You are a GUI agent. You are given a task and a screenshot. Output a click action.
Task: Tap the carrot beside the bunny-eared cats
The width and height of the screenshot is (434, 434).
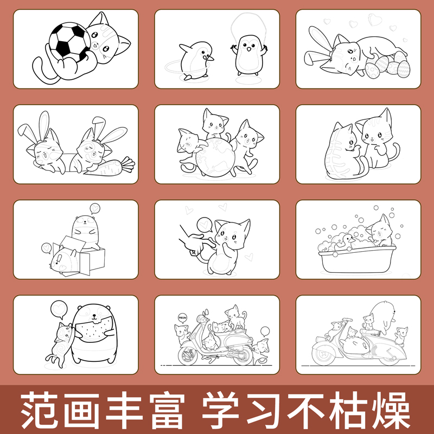click(x=111, y=165)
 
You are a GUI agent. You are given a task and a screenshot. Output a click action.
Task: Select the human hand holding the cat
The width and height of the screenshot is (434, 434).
click(x=192, y=241)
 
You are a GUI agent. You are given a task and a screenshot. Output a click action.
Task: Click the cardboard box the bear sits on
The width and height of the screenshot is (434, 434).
click(x=81, y=255)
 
